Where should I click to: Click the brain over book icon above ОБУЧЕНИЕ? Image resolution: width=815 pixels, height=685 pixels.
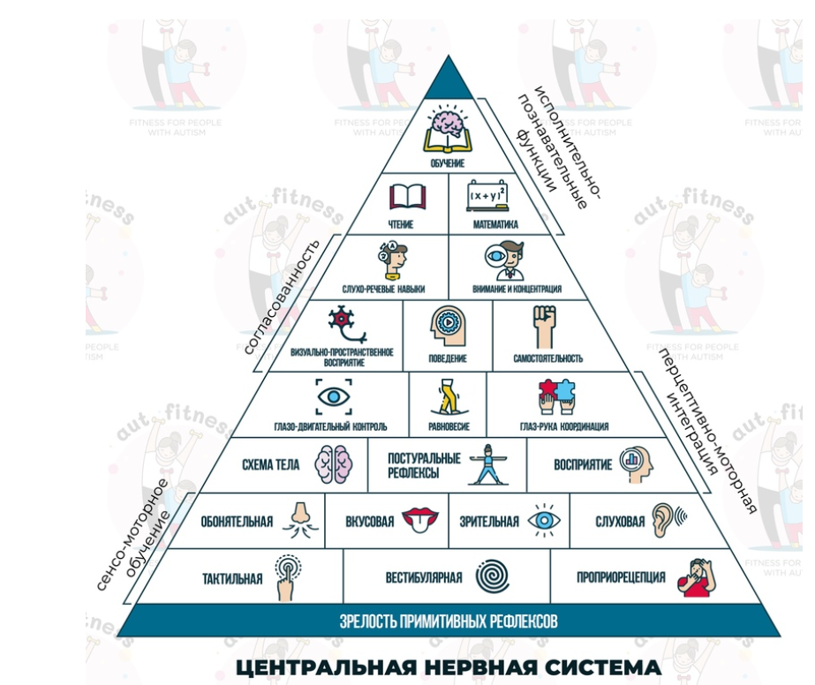pos(449,130)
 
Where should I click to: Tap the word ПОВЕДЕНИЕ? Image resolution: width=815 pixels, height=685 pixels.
pos(447,359)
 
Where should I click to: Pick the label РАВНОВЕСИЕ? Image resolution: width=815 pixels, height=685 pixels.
pos(449,427)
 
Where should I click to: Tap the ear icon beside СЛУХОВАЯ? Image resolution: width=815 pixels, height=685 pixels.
pos(665,521)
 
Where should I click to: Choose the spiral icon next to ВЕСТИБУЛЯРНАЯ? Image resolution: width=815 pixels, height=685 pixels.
pos(494,578)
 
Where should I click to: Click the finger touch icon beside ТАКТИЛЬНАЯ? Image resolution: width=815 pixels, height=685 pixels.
pos(287,577)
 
